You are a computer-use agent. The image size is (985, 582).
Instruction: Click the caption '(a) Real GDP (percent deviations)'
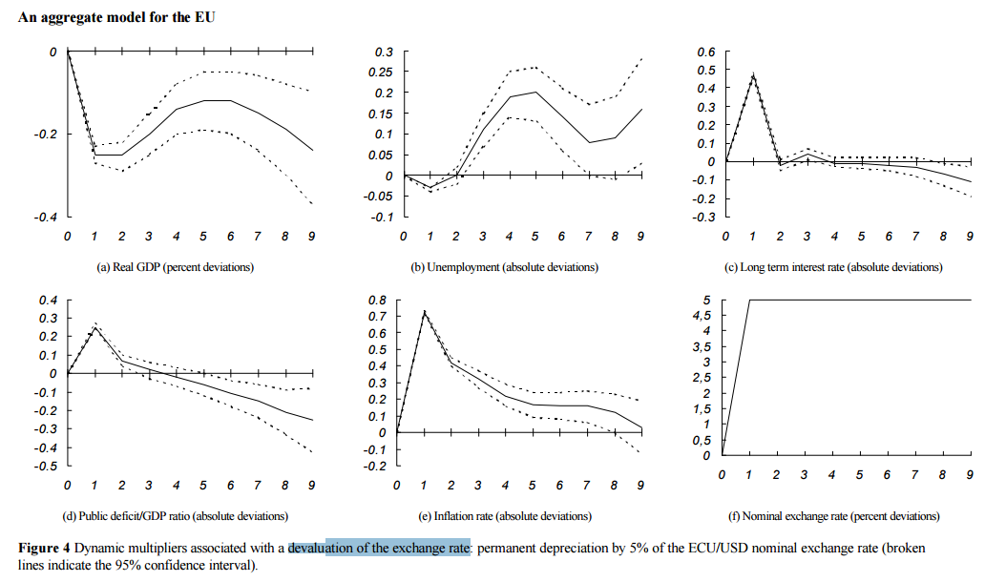pyautogui.click(x=176, y=267)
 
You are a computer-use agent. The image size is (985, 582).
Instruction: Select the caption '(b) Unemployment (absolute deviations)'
pyautogui.click(x=504, y=267)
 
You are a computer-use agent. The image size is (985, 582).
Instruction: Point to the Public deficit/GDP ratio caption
pyautogui.click(x=176, y=516)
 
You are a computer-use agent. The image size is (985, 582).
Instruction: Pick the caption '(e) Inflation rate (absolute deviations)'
pyautogui.click(x=504, y=516)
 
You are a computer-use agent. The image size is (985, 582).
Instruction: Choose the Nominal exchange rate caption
pyautogui.click(x=834, y=516)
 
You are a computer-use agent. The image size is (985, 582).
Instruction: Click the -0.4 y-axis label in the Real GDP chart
pyautogui.click(x=45, y=218)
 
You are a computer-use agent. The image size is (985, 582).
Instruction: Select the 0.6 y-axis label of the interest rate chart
pyautogui.click(x=705, y=52)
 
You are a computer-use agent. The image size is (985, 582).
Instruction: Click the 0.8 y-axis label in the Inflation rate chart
pyautogui.click(x=376, y=300)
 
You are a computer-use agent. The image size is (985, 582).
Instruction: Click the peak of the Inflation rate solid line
pyautogui.click(x=424, y=312)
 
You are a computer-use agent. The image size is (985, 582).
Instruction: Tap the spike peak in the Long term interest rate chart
pyautogui.click(x=753, y=75)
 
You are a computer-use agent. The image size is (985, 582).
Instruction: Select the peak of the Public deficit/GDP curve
pyautogui.click(x=95, y=327)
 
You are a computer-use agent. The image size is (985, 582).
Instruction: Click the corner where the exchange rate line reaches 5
pyautogui.click(x=750, y=301)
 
